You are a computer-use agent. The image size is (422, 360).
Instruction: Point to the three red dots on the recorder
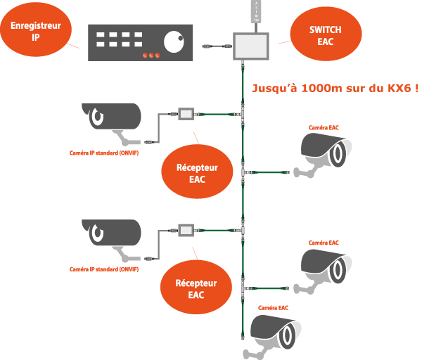(151, 55)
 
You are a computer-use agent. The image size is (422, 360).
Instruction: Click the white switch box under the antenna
(251, 45)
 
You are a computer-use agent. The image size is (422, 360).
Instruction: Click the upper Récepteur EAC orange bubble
(196, 173)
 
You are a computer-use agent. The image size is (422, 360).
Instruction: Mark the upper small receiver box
(186, 113)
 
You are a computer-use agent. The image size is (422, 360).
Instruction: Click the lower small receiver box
(186, 229)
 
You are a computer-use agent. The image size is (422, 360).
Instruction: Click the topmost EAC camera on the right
(325, 150)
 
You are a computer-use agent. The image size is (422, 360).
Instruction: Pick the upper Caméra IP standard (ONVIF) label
(104, 153)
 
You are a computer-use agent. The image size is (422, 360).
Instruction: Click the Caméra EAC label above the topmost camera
(324, 127)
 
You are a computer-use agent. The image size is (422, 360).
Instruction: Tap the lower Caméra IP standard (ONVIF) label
(104, 269)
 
